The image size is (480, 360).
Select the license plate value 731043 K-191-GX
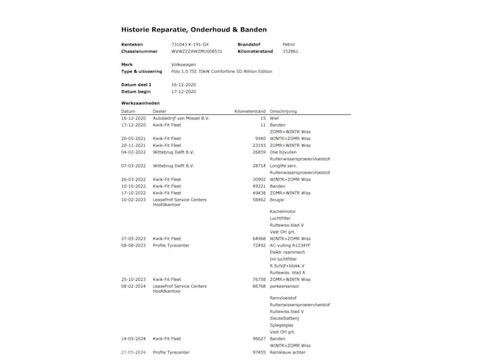pyautogui.click(x=190, y=44)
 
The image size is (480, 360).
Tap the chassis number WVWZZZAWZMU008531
pyautogui.click(x=197, y=51)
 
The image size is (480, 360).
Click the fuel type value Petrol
pyautogui.click(x=289, y=44)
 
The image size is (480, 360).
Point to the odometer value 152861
pyautogui.click(x=290, y=51)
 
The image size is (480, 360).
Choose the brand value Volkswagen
pyautogui.click(x=184, y=64)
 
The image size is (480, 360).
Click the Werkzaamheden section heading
pyautogui.click(x=140, y=103)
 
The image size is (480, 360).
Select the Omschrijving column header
pyautogui.click(x=285, y=111)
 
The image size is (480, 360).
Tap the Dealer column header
pyautogui.click(x=160, y=111)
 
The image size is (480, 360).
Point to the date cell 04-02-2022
pyautogui.click(x=133, y=152)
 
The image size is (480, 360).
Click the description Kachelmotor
pyautogui.click(x=282, y=212)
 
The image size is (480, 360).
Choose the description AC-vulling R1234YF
pyautogui.click(x=290, y=246)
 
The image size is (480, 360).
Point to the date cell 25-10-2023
pyautogui.click(x=133, y=279)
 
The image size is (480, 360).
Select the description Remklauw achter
pyautogui.click(x=287, y=352)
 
